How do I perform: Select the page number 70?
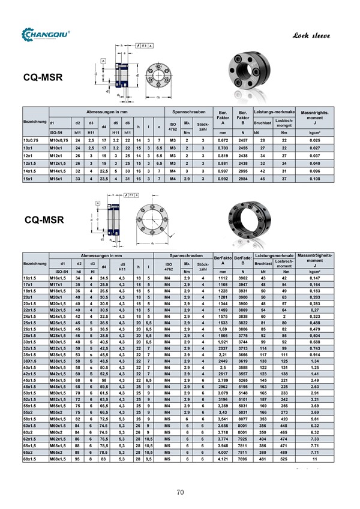point(179,492)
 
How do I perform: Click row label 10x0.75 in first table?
point(31,140)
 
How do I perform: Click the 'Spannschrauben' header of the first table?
point(190,112)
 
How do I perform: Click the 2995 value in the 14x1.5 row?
point(243,170)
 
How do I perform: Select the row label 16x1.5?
point(31,278)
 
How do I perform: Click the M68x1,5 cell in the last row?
point(59,459)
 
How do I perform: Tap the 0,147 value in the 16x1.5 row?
point(314,278)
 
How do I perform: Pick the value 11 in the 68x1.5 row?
point(314,459)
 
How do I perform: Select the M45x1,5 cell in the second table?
point(59,380)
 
